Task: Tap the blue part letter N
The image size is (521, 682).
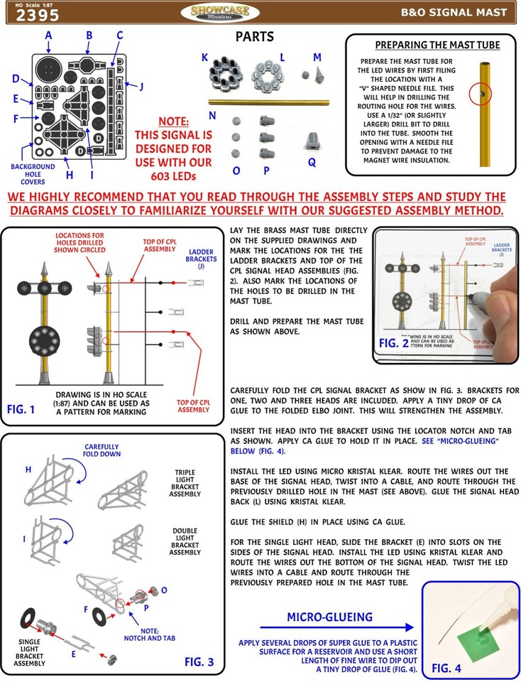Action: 212,116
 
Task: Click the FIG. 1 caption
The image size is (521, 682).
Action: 26,409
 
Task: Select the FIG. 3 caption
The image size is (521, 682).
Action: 204,661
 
